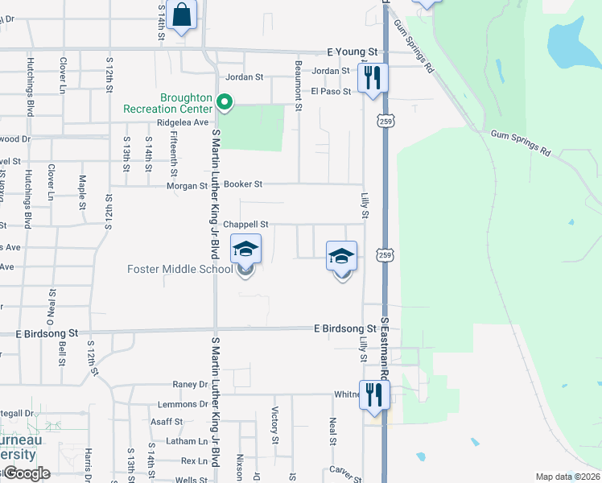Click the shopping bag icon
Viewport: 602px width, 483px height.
(x=182, y=14)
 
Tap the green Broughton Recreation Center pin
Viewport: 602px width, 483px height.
(x=226, y=102)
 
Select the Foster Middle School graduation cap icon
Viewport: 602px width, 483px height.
(x=245, y=250)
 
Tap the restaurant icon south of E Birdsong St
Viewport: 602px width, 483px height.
(x=373, y=394)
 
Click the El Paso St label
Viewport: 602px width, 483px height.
(x=331, y=92)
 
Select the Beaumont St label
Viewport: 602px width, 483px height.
(x=298, y=75)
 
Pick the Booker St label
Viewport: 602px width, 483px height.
(x=244, y=184)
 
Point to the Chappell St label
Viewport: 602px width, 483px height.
(x=245, y=225)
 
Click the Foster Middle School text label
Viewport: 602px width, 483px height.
(x=179, y=268)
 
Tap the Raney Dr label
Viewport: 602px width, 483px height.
(x=189, y=386)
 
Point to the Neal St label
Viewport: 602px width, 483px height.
(x=332, y=431)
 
